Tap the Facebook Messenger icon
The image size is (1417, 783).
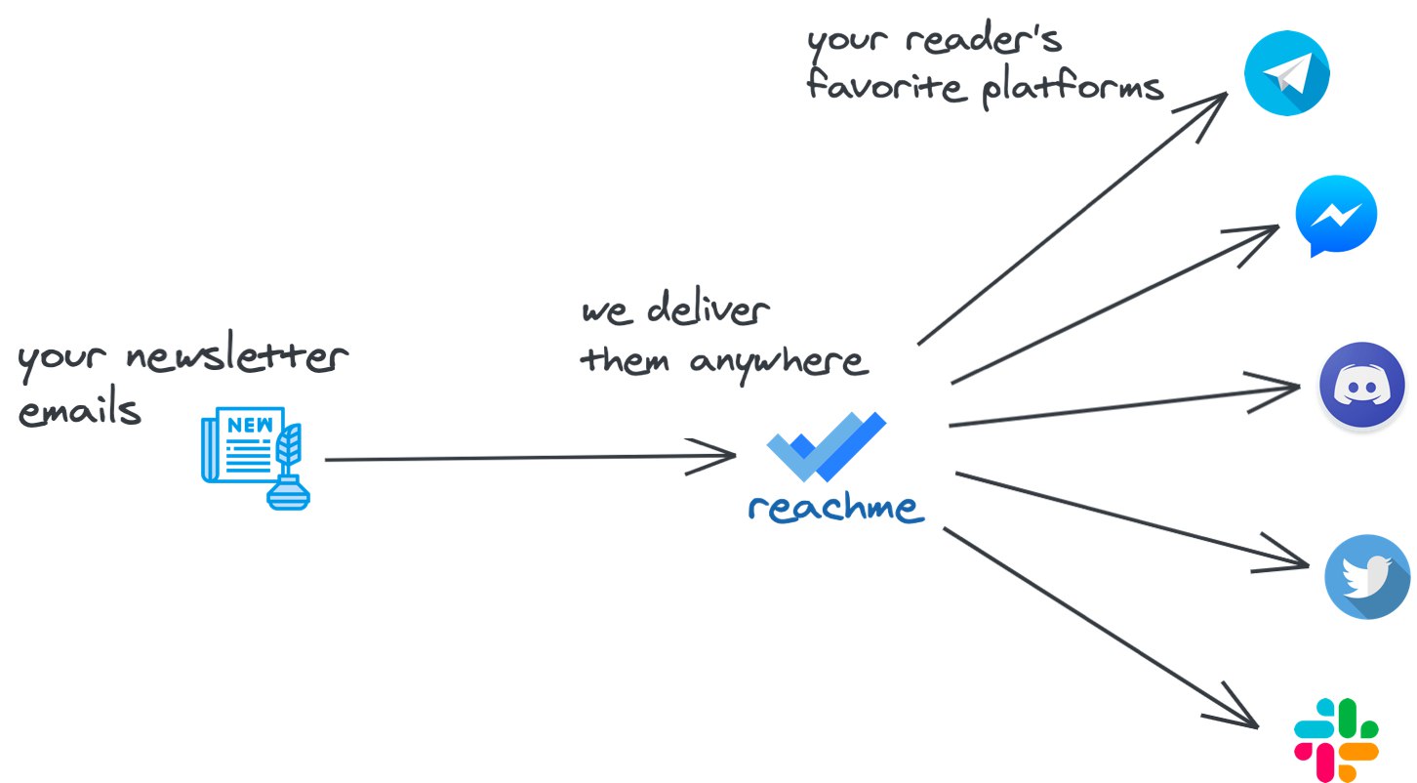tap(1335, 216)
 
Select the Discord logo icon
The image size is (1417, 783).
tap(1361, 385)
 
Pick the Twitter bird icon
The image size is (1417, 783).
tap(1367, 576)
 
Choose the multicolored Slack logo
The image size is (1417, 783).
tap(1336, 739)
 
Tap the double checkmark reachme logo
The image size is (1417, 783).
tap(826, 445)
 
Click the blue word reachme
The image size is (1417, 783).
tap(834, 508)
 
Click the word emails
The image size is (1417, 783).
tap(80, 411)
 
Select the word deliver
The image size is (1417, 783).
tap(708, 311)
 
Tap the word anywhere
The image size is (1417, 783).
tap(780, 362)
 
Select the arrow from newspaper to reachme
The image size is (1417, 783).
tap(527, 457)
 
